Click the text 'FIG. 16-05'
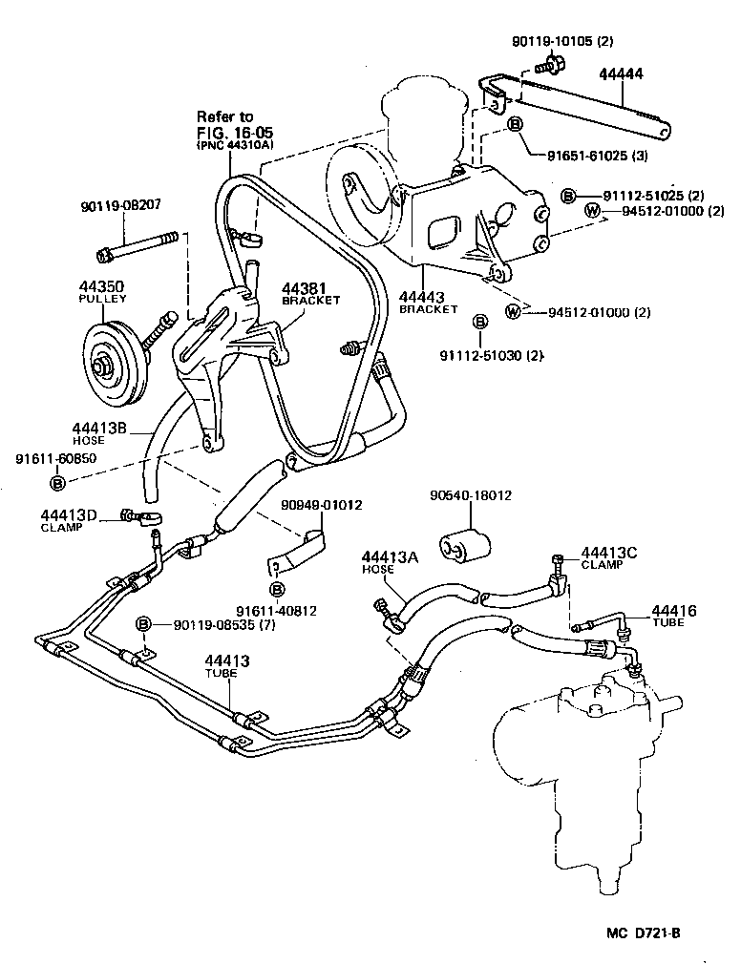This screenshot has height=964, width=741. [x=227, y=132]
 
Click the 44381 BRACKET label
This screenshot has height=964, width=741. [x=309, y=292]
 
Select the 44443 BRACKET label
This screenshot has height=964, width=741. [x=429, y=303]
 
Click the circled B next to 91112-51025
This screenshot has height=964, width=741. [x=568, y=195]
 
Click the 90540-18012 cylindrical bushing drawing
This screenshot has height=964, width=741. [x=464, y=544]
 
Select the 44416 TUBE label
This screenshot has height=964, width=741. [x=674, y=616]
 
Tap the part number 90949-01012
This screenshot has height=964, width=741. [x=322, y=505]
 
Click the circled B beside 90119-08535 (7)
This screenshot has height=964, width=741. [x=143, y=623]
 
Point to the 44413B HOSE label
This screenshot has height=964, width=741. [x=98, y=434]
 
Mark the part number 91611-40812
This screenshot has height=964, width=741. [x=277, y=610]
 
